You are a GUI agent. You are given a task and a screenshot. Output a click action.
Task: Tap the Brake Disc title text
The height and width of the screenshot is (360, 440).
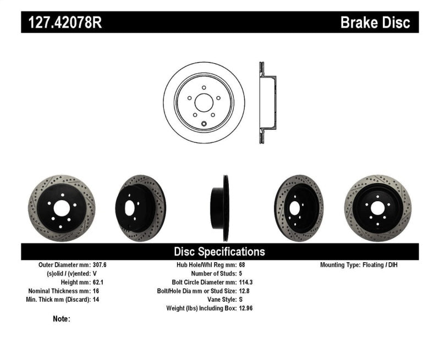[375, 23]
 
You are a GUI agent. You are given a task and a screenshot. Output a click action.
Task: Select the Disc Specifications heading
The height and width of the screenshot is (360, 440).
[219, 252]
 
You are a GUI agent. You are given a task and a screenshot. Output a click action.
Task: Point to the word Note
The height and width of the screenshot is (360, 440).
[62, 319]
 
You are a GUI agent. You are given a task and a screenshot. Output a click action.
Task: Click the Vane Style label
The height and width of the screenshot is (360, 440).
[218, 300]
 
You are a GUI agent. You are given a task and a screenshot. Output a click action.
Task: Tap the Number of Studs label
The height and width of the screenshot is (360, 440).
[213, 274]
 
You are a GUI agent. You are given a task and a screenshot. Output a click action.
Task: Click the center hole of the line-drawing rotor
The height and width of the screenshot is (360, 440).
[204, 103]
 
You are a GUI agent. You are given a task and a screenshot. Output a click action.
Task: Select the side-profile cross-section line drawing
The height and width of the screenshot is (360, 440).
[267, 103]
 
